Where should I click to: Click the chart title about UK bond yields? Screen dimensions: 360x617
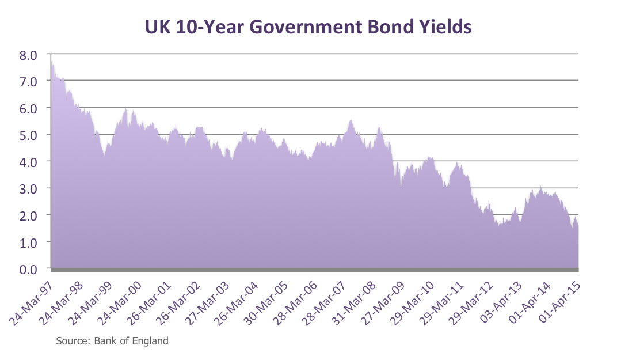(x=308, y=26)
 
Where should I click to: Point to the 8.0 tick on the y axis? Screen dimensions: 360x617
(x=28, y=55)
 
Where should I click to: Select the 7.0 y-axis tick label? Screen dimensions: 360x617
(x=28, y=81)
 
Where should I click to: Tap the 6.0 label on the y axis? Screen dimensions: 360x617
(x=28, y=108)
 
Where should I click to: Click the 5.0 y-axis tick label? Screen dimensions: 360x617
(x=28, y=135)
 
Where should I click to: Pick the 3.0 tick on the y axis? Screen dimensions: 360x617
(x=28, y=188)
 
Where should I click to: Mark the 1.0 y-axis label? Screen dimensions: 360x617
(x=28, y=242)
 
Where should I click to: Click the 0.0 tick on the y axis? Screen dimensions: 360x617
(x=28, y=268)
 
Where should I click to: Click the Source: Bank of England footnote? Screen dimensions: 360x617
(x=112, y=341)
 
